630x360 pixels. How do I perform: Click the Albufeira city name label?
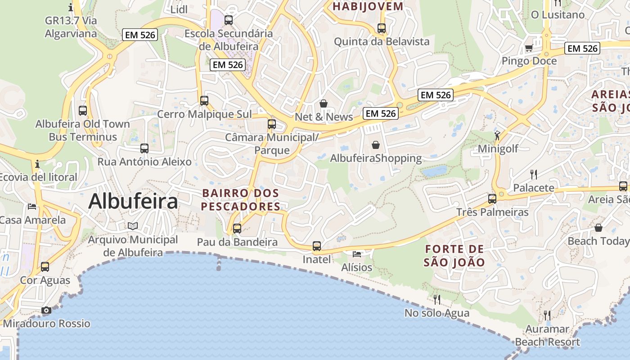pos(133,201)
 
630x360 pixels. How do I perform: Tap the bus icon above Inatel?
pos(317,246)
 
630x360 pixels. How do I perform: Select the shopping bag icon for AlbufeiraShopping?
pos(376,145)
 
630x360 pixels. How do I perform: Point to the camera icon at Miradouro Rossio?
pos(46,310)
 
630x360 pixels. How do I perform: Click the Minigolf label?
pos(498,149)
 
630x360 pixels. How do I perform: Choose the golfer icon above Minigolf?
pos(497,135)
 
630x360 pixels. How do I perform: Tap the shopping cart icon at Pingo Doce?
pos(529,48)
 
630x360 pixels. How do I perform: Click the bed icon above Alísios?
pos(357,254)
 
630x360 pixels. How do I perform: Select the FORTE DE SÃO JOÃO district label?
pos(454,256)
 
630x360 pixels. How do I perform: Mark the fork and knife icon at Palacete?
pos(534,174)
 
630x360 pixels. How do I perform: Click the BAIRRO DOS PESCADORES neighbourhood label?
pos(241,200)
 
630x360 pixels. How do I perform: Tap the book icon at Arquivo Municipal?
pos(133,226)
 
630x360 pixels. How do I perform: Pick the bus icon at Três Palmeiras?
pos(492,198)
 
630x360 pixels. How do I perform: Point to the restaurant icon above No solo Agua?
pos(436,299)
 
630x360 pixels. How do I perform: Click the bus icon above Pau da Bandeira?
pos(237,229)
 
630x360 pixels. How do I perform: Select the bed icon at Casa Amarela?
pos(32,207)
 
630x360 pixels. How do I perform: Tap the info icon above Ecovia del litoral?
pos(37,164)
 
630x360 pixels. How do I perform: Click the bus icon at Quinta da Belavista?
pos(382,28)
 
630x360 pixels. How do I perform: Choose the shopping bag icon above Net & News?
pos(324,104)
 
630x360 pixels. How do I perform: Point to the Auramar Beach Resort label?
pos(548,336)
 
